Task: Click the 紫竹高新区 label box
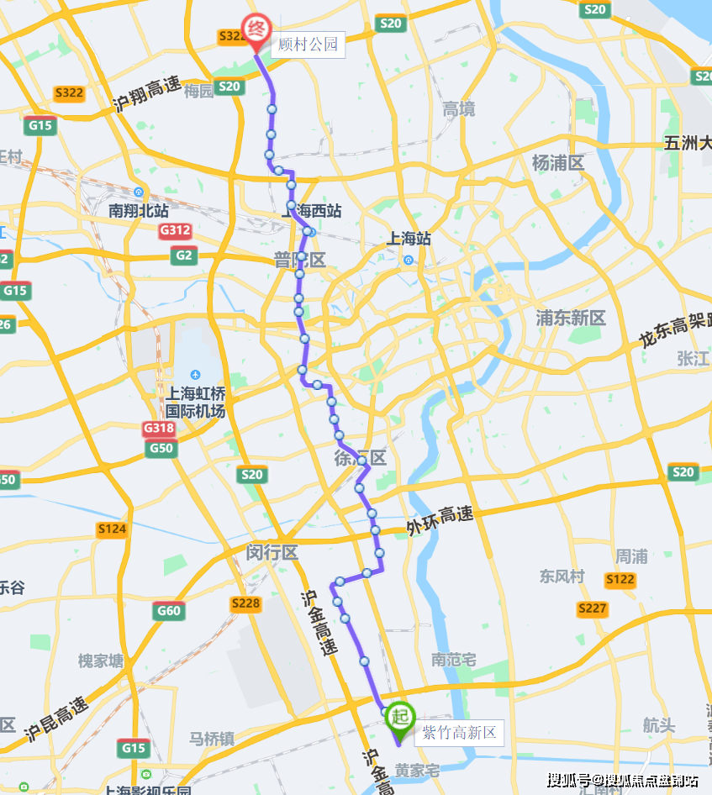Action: tap(459, 733)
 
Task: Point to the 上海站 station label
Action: tap(409, 239)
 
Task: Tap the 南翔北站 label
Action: tap(139, 211)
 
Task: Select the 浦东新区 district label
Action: tap(571, 319)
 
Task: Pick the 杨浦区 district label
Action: tap(557, 163)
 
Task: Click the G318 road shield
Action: tap(158, 429)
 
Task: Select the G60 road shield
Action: tap(168, 611)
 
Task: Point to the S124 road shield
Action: tap(112, 529)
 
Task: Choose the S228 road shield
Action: tap(245, 603)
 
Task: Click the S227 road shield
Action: tap(592, 608)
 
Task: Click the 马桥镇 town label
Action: tap(211, 739)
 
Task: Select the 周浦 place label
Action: tap(631, 556)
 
